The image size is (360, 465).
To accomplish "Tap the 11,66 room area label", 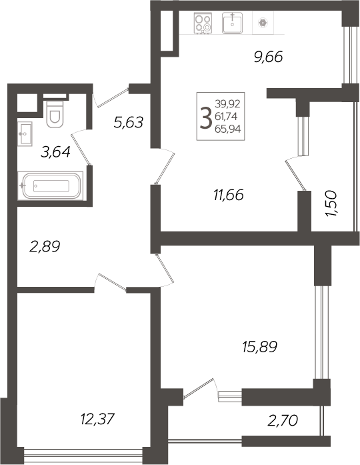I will click(x=228, y=195).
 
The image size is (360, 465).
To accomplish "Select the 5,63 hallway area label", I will click(x=129, y=122).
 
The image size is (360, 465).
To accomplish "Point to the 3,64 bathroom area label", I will click(x=56, y=153).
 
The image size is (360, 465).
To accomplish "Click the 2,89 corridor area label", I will click(x=45, y=246).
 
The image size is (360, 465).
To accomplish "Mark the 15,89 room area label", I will click(x=259, y=346).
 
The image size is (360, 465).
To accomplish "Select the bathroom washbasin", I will click(x=25, y=133).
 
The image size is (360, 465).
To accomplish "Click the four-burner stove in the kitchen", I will click(x=203, y=23).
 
